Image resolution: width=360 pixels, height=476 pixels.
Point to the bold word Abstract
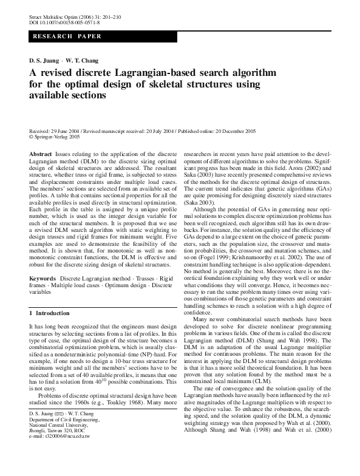click(x=41, y=155)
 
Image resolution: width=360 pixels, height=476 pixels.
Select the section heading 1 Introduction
click(x=50, y=313)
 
